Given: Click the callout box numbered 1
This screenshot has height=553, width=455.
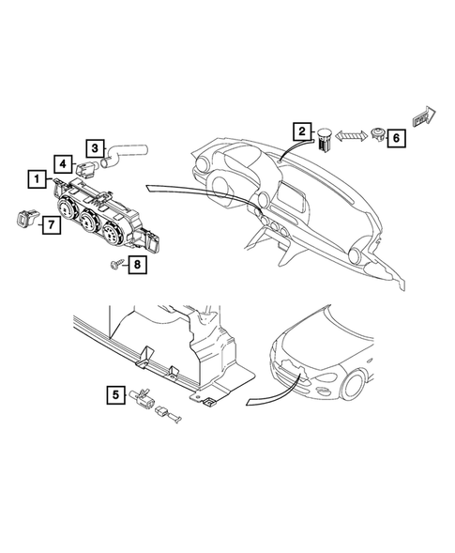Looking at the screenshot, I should click(37, 177).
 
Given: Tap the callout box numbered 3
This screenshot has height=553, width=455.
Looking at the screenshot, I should click(96, 147).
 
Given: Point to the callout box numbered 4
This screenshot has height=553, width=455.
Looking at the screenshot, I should click(60, 162).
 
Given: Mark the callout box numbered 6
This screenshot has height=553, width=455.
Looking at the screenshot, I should click(395, 138).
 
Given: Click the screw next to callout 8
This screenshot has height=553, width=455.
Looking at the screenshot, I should click(116, 263).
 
